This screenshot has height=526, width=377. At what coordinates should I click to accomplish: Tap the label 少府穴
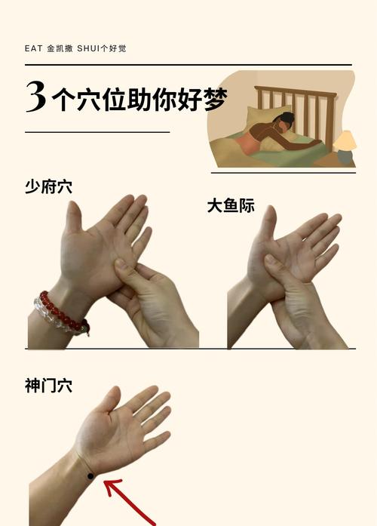coord(49,187)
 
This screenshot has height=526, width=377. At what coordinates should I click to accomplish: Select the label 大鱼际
coord(231,205)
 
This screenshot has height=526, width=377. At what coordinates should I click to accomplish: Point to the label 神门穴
coord(49,386)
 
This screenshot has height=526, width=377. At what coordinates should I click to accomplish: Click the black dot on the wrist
coord(90,475)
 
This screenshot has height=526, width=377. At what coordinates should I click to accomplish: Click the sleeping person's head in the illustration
coord(286,120)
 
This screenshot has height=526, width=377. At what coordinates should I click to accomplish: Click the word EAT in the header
coord(32,48)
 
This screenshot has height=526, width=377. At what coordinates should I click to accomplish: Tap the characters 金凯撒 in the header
coord(59,48)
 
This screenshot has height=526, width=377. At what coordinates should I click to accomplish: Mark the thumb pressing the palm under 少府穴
coord(124,268)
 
